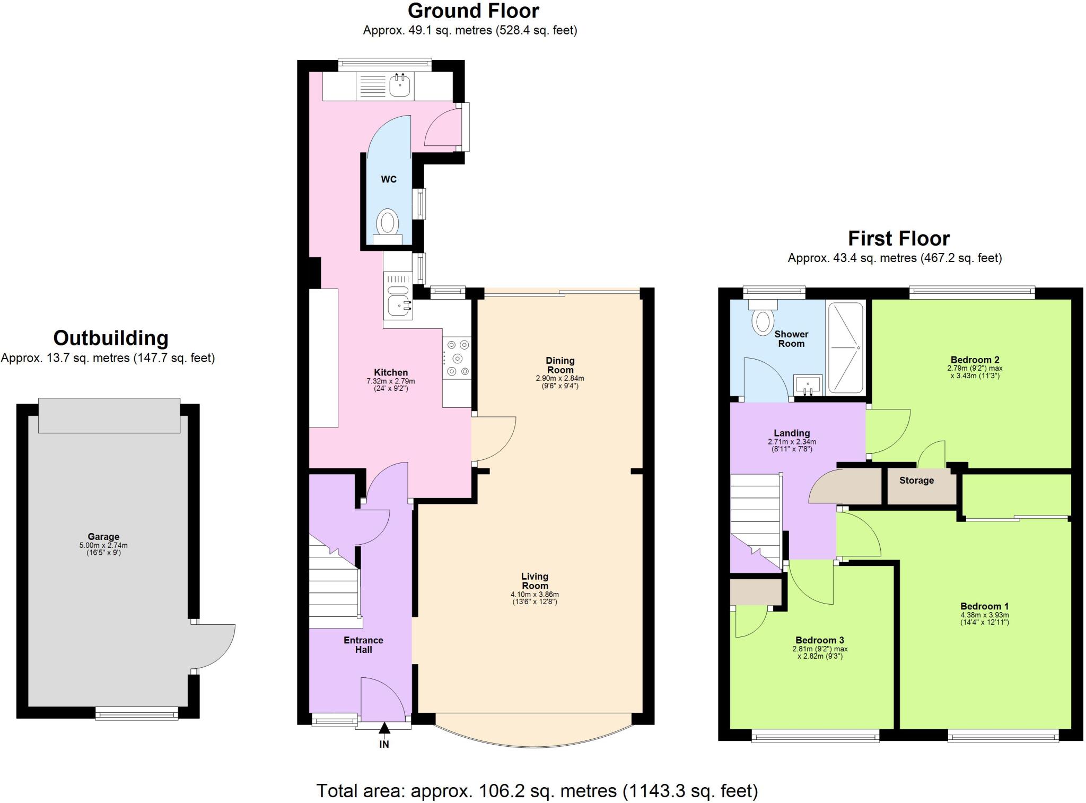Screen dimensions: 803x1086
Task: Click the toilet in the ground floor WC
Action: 388,223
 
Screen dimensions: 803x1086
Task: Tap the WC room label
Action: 389,179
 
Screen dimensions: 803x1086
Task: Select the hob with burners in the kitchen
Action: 457,358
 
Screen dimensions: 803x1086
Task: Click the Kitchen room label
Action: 391,372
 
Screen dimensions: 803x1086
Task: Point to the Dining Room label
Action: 560,365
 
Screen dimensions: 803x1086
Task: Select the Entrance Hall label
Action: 363,644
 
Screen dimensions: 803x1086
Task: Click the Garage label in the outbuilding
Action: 103,536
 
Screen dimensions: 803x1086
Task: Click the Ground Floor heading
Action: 473,11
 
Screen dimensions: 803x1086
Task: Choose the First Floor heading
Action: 898,238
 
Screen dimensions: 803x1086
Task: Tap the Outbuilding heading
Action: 110,338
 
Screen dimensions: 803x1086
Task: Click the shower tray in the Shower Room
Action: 845,347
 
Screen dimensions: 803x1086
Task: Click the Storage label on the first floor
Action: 916,481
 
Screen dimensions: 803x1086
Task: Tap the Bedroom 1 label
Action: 984,606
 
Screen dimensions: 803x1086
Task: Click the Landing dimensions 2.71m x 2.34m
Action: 792,446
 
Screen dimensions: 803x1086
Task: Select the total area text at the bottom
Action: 537,791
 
